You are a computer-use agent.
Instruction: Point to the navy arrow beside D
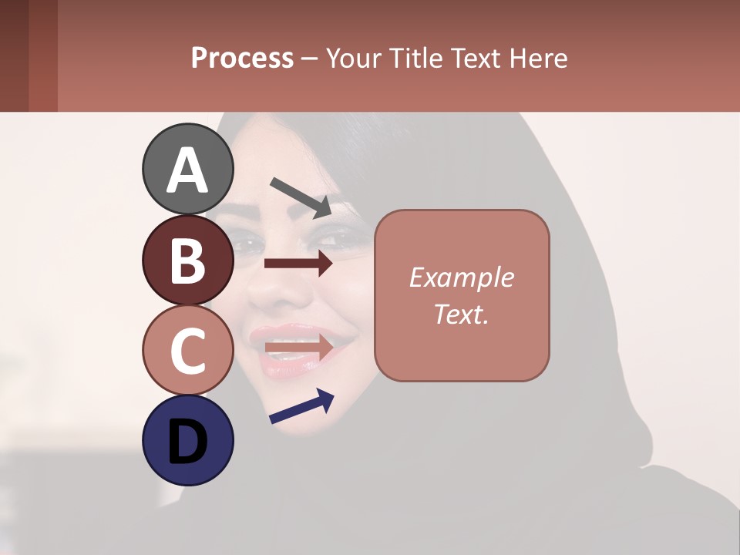tap(301, 406)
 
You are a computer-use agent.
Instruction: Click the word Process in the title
tap(242, 59)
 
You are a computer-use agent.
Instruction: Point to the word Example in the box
tap(462, 277)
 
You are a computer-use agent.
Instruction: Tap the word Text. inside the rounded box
tap(462, 314)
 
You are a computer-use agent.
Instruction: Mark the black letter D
tap(187, 442)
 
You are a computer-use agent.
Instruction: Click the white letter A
tap(187, 170)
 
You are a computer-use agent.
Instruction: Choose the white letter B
tap(187, 261)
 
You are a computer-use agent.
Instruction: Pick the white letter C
tap(187, 351)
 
